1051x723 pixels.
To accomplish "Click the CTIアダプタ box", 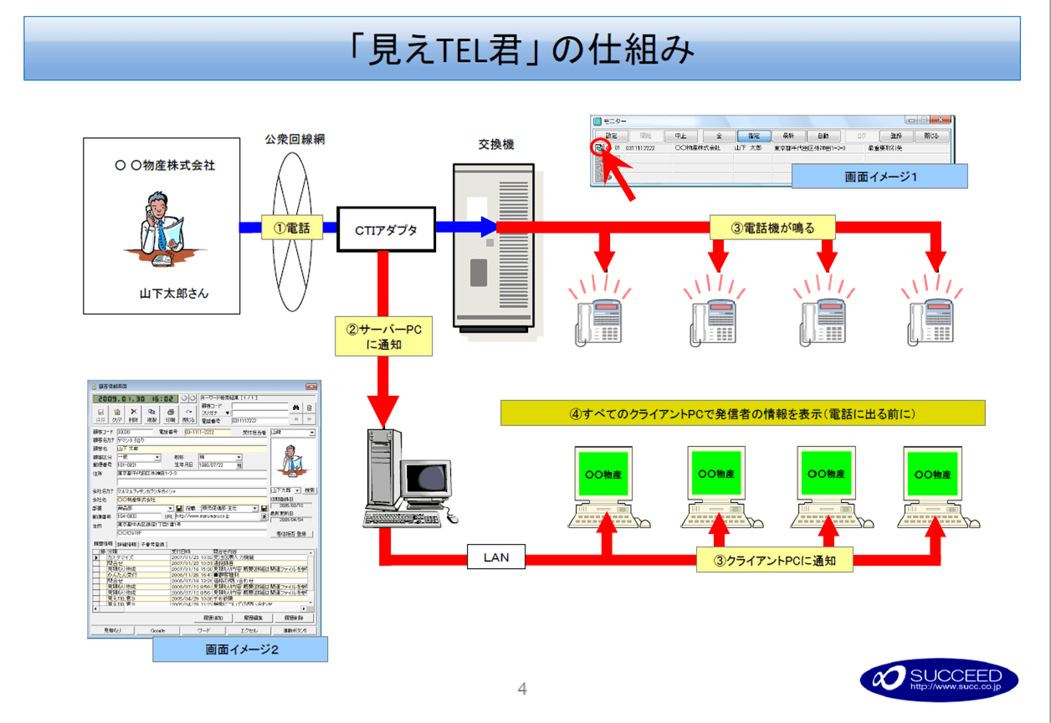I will (x=387, y=229).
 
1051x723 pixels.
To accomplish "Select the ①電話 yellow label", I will (x=292, y=226).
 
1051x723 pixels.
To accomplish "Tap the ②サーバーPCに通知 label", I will (x=383, y=336).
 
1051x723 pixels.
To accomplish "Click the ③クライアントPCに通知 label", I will (x=774, y=560).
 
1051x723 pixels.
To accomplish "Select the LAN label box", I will (x=495, y=556).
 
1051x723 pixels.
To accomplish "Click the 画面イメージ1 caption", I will (x=879, y=177).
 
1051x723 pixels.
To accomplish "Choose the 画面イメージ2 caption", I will (x=240, y=650).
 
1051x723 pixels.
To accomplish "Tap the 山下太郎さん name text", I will (x=173, y=294).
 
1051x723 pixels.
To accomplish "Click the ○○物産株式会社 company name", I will (x=164, y=165).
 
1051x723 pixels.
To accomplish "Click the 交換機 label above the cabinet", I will (x=495, y=144).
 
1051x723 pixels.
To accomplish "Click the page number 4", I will (x=522, y=690).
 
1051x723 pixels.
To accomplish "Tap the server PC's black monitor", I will (x=429, y=481).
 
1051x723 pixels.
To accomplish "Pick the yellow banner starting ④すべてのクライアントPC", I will (x=742, y=413).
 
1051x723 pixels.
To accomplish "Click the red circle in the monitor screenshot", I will (x=597, y=148).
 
